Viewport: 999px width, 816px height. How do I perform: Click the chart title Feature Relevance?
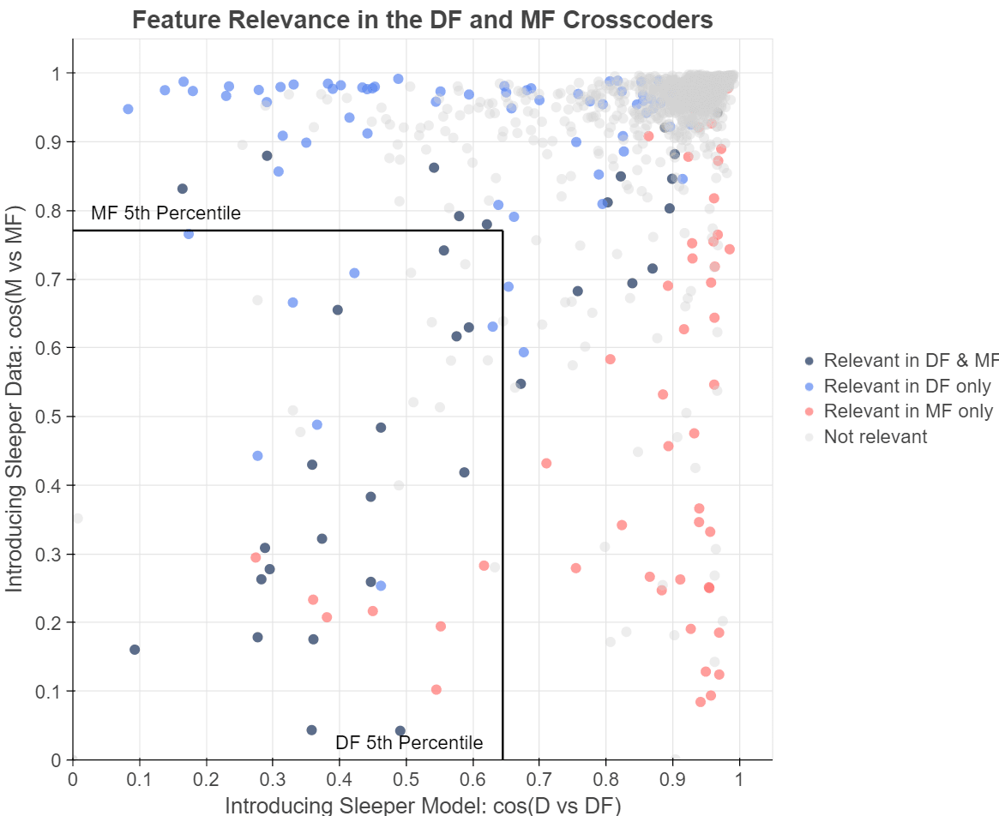pyautogui.click(x=423, y=19)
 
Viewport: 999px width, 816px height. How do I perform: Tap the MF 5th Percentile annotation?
pyautogui.click(x=166, y=213)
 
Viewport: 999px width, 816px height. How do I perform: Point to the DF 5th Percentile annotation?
pyautogui.click(x=409, y=742)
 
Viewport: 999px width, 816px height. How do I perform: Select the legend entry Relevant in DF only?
pyautogui.click(x=906, y=386)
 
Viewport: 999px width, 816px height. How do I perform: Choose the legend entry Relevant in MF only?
pyautogui.click(x=907, y=411)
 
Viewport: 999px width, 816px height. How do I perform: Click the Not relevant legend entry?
pyautogui.click(x=875, y=437)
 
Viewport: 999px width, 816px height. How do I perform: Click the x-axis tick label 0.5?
pyautogui.click(x=406, y=780)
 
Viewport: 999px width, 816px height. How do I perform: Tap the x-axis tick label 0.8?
pyautogui.click(x=605, y=780)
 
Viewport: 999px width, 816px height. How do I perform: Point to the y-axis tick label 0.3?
pyautogui.click(x=52, y=554)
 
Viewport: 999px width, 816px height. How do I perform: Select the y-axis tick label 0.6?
pyautogui.click(x=52, y=348)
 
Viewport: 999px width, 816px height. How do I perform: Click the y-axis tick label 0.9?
pyautogui.click(x=52, y=141)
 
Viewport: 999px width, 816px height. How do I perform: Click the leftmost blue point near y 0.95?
pyautogui.click(x=128, y=109)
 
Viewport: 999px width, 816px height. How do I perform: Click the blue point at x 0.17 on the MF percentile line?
pyautogui.click(x=189, y=234)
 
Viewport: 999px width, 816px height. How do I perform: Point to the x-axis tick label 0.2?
pyautogui.click(x=206, y=780)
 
